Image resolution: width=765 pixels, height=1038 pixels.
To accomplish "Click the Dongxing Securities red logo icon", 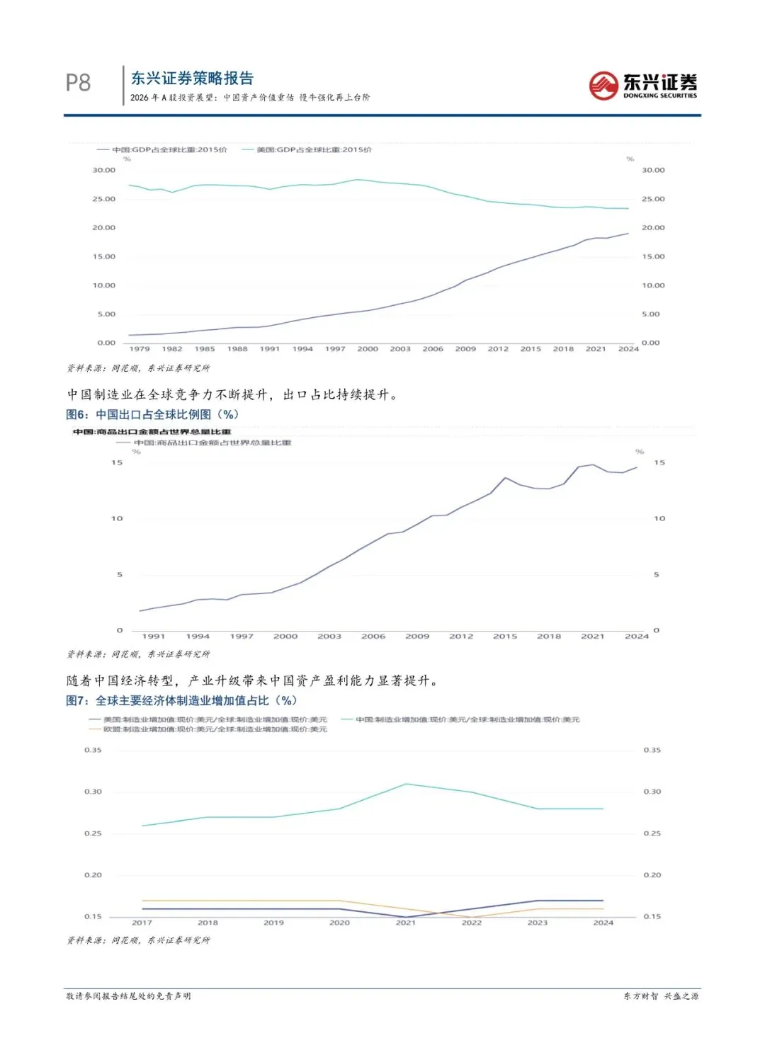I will click(603, 86).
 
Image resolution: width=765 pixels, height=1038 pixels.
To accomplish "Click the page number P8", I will click(78, 83).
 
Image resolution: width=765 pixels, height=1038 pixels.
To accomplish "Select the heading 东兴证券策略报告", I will click(192, 79).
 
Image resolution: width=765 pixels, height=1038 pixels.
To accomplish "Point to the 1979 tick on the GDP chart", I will click(140, 349).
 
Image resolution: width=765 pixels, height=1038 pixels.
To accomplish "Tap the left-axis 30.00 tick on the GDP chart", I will click(104, 171).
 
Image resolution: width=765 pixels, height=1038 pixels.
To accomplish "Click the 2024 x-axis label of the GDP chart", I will click(628, 349).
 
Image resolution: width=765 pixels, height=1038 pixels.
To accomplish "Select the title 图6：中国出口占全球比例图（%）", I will click(152, 415).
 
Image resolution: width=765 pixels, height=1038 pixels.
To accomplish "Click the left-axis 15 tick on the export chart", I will click(117, 463).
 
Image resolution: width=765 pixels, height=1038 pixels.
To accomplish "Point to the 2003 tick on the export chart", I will click(329, 637).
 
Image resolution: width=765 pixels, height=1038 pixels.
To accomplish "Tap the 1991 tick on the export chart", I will click(154, 637).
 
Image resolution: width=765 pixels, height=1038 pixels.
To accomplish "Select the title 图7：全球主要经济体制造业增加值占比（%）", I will click(181, 701).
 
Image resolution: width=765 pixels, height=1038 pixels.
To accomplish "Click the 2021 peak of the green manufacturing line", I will click(406, 784).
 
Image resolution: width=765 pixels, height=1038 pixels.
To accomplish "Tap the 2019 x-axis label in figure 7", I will click(273, 923).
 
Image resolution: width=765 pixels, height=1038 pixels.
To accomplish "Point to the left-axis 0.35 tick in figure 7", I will click(93, 751).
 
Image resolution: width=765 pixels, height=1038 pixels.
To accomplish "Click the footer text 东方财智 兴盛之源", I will click(661, 996).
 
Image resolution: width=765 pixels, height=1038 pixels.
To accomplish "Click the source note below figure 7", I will click(139, 940).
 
